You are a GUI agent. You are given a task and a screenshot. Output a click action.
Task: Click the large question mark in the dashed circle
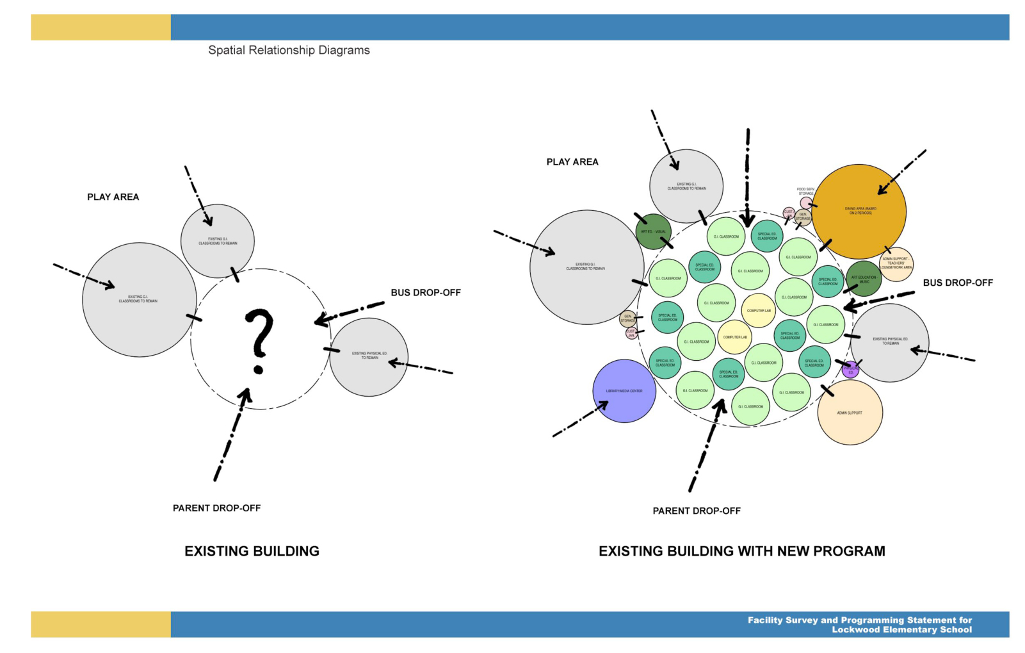(x=259, y=340)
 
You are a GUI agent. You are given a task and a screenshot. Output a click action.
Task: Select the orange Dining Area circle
(x=859, y=212)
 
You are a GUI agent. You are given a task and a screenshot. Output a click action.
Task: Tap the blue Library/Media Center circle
(x=624, y=391)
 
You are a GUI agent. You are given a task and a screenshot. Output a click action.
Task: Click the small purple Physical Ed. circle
(x=850, y=370)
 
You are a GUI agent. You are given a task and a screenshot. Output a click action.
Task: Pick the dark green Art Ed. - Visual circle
(x=653, y=231)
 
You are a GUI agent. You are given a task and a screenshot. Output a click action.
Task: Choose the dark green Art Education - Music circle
(x=864, y=279)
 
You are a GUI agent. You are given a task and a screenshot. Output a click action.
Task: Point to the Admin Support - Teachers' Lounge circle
(x=896, y=263)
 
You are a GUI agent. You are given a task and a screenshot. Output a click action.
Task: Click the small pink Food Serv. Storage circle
(x=806, y=203)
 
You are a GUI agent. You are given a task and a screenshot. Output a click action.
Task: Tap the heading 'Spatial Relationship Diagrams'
(x=289, y=50)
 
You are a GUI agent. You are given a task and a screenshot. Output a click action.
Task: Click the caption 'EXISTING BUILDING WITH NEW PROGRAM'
(x=741, y=551)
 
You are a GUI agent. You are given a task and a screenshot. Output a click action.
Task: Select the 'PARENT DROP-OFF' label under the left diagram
(x=216, y=508)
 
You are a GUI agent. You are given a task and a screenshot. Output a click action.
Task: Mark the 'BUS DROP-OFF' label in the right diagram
(x=957, y=283)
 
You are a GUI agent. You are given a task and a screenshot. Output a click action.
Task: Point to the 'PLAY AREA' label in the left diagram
(x=113, y=197)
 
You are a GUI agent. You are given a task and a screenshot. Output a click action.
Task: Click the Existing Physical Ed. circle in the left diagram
(x=369, y=356)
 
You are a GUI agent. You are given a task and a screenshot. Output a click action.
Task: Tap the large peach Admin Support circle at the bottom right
(x=850, y=413)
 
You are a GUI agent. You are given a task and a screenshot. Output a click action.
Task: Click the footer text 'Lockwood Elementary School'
(x=901, y=630)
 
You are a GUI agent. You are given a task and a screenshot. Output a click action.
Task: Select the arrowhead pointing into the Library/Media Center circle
(x=603, y=405)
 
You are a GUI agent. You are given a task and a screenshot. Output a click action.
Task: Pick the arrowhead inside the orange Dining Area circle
(x=882, y=189)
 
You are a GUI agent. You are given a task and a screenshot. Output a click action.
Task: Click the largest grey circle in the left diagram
(x=139, y=299)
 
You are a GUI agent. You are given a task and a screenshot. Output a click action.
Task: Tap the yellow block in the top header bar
(x=101, y=28)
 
